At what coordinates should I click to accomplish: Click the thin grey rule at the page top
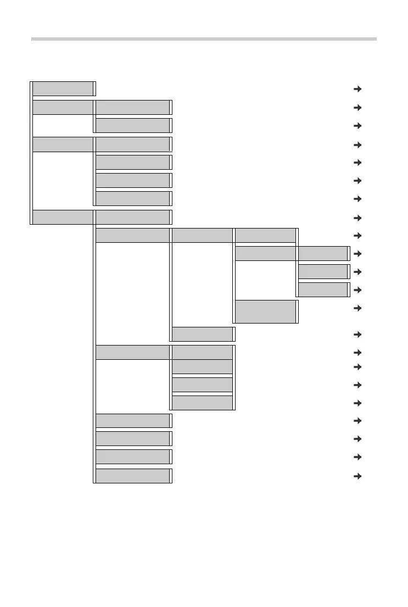204,39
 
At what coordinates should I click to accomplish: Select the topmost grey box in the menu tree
63,88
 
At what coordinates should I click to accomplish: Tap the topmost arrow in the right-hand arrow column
357,89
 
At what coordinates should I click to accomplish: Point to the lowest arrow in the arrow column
357,476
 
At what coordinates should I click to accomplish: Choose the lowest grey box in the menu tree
132,476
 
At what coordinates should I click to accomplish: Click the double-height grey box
266,311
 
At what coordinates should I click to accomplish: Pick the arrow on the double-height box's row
357,308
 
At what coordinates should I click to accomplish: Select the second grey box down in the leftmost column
63,108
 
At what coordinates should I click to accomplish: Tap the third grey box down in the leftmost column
63,144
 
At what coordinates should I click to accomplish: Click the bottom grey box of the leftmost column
63,218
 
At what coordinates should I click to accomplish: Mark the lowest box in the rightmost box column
322,289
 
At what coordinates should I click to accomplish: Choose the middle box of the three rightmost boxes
322,271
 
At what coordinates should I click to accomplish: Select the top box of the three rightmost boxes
322,253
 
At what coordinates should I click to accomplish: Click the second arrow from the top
357,108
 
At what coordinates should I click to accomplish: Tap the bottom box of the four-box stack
202,403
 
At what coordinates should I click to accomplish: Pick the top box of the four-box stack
202,352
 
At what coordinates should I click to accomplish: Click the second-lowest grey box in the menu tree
132,457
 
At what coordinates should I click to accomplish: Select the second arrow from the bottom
357,457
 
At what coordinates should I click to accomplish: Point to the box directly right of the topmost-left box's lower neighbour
132,108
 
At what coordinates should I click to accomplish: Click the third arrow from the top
357,126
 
